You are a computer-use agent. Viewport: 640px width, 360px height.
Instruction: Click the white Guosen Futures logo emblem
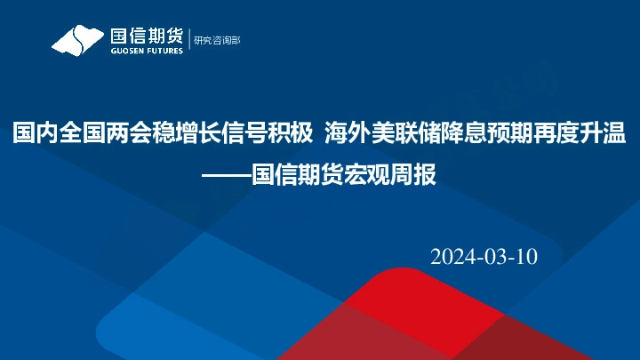point(77,40)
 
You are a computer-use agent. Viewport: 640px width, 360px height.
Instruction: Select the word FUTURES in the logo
point(164,51)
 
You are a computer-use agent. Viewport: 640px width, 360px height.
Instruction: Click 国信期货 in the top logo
point(146,36)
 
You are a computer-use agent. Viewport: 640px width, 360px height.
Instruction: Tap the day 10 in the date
point(526,257)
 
